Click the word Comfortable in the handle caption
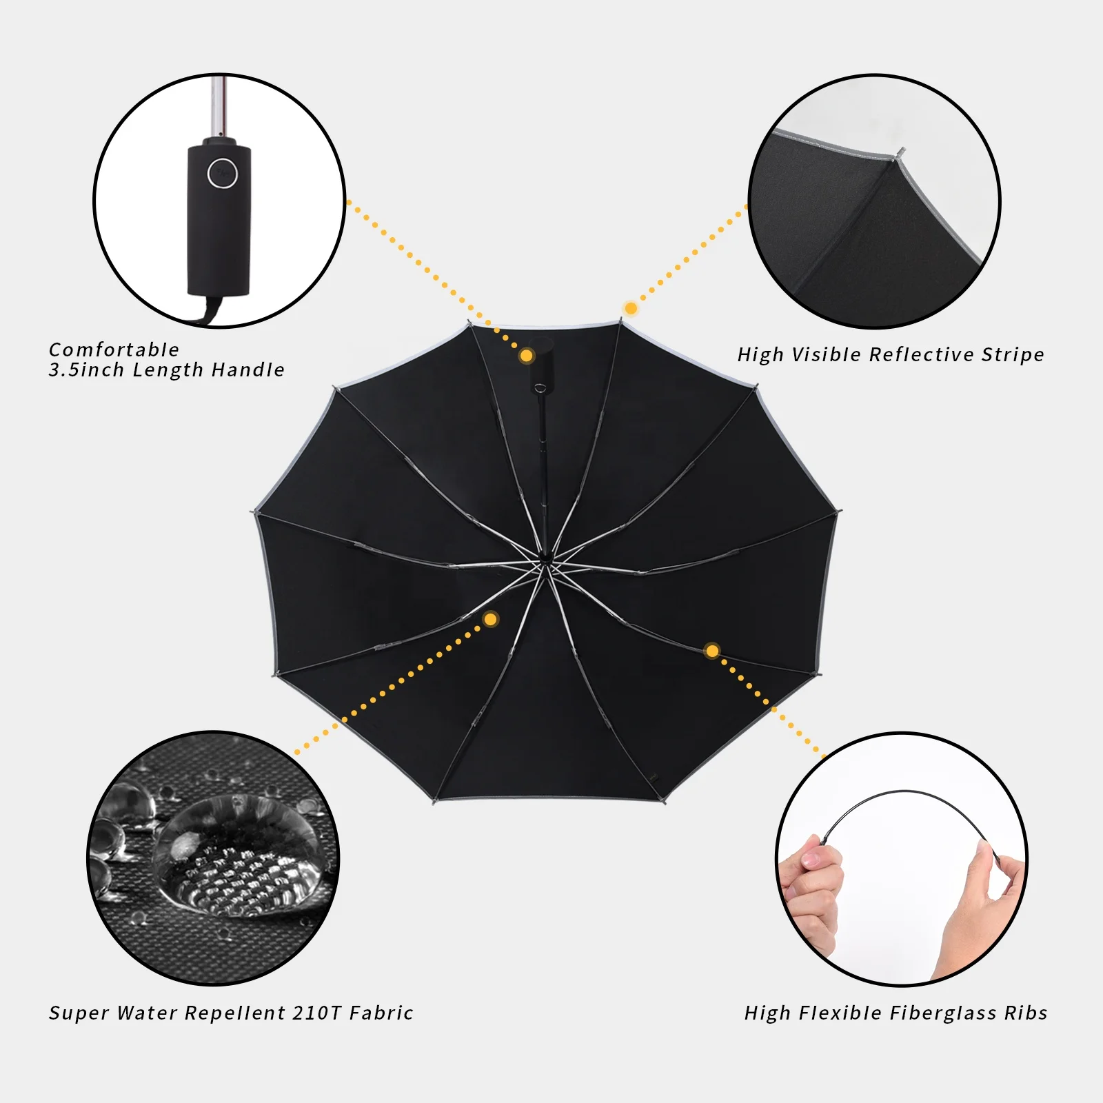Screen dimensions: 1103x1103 click(114, 350)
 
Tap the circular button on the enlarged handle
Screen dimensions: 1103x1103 click(223, 173)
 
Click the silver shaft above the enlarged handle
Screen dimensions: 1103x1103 click(219, 107)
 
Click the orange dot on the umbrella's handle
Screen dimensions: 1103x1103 click(527, 356)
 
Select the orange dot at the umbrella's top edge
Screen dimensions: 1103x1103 click(631, 308)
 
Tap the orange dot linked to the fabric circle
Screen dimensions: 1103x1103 click(491, 619)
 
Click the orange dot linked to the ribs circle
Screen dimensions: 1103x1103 click(712, 651)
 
